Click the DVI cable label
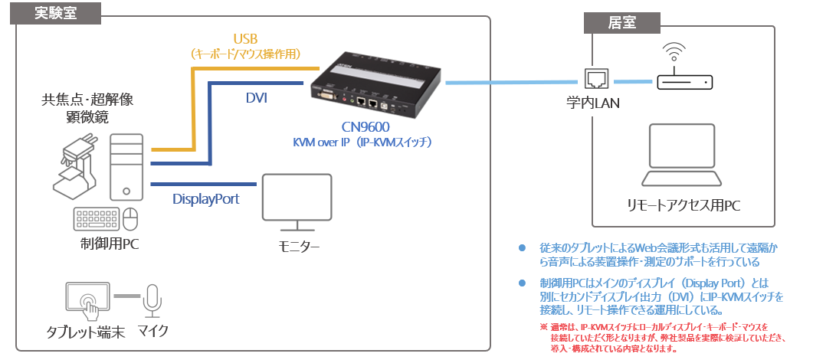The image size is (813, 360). [x=257, y=97]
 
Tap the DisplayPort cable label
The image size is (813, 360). [x=205, y=199]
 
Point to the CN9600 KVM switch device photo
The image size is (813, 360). [x=375, y=79]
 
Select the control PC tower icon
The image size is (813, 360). [x=126, y=167]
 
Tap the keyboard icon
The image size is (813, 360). [x=95, y=219]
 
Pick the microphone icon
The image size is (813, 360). [x=153, y=300]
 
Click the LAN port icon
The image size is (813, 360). [x=595, y=80]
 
